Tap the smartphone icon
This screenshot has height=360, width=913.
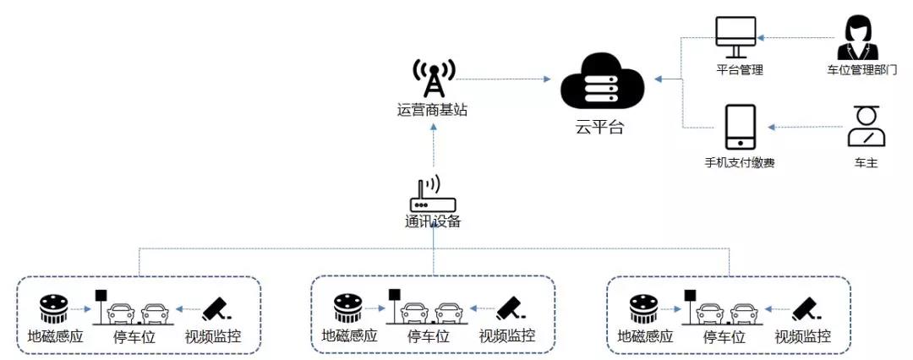click(741, 127)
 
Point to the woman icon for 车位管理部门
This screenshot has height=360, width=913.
click(860, 37)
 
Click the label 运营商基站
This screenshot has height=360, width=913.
click(432, 109)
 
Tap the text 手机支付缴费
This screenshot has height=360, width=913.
click(740, 161)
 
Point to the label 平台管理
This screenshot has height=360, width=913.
click(740, 70)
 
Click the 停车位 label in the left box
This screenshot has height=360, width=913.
click(133, 336)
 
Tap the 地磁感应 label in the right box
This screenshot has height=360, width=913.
click(646, 336)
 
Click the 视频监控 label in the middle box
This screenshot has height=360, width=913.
click(507, 336)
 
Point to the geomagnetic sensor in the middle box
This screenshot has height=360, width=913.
click(348, 308)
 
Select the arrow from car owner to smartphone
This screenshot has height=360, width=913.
click(803, 128)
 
